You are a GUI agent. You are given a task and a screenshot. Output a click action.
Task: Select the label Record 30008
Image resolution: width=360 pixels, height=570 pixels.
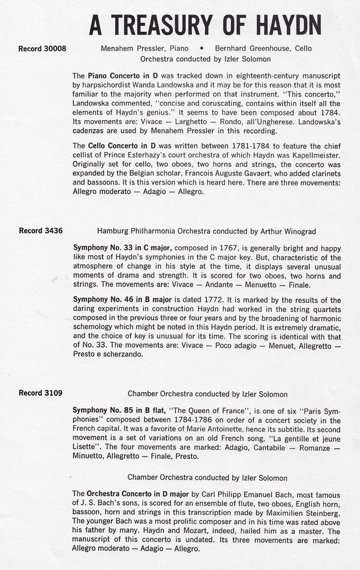coord(42,48)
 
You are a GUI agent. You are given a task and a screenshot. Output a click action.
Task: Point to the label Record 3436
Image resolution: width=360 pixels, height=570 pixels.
coord(40,230)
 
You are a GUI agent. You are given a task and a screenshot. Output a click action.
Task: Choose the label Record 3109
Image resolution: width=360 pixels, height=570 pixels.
coord(40,393)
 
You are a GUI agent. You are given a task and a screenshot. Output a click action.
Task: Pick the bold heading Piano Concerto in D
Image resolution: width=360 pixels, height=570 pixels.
coord(120,75)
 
